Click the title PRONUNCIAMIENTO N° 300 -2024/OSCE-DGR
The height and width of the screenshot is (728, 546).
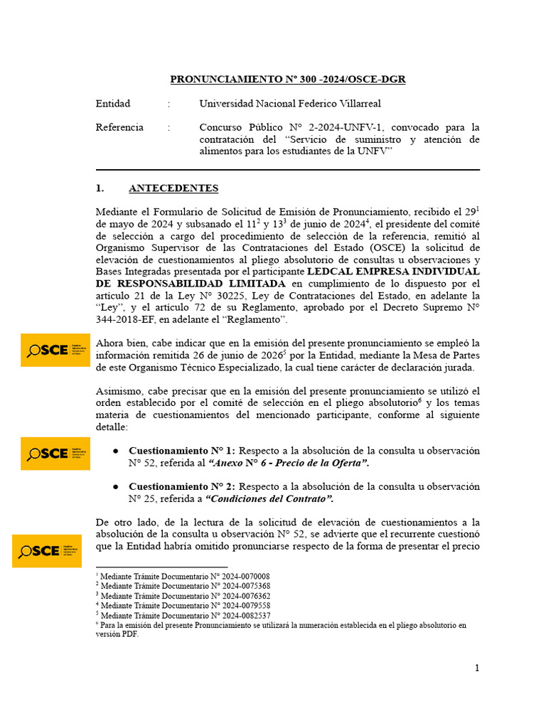pos(287,80)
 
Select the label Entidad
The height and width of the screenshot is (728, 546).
pos(113,104)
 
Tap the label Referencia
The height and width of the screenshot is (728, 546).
pos(119,127)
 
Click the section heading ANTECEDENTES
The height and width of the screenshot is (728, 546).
pos(173,188)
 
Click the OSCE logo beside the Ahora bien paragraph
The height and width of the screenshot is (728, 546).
pos(55,350)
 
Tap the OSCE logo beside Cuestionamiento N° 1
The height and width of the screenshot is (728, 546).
pos(55,454)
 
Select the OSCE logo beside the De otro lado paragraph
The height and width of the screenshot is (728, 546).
pos(47,551)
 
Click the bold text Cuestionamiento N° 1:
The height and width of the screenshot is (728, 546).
pos(183,451)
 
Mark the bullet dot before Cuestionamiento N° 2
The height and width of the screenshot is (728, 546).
pos(116,487)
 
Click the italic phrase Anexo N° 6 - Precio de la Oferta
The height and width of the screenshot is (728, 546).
pos(289,463)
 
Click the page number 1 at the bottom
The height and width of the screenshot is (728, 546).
pos(477,668)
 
